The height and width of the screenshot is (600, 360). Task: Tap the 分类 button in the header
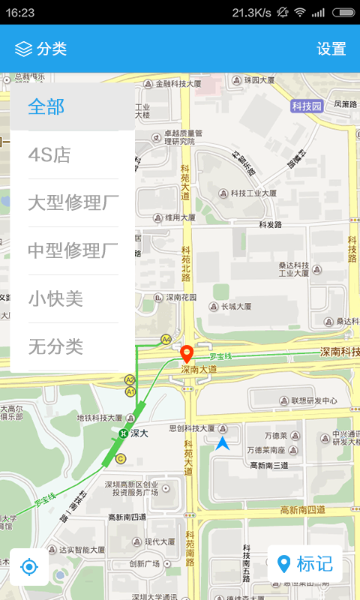click(x=41, y=49)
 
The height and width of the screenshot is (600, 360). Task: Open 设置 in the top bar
click(x=331, y=49)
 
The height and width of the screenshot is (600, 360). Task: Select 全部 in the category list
click(x=46, y=106)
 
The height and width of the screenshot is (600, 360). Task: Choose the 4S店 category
click(x=49, y=155)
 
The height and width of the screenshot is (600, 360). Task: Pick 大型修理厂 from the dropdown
click(x=73, y=203)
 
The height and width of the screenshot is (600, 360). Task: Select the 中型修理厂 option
click(x=73, y=251)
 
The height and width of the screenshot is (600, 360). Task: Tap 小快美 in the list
click(x=55, y=299)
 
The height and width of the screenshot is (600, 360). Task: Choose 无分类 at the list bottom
click(x=55, y=346)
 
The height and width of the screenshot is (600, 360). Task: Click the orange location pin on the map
click(x=187, y=352)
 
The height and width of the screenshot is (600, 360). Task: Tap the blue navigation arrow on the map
click(x=223, y=443)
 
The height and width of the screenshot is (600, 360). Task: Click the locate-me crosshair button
click(x=29, y=566)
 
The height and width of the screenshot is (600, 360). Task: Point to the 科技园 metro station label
click(x=307, y=106)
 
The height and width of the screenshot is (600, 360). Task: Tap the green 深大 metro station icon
click(x=123, y=433)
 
